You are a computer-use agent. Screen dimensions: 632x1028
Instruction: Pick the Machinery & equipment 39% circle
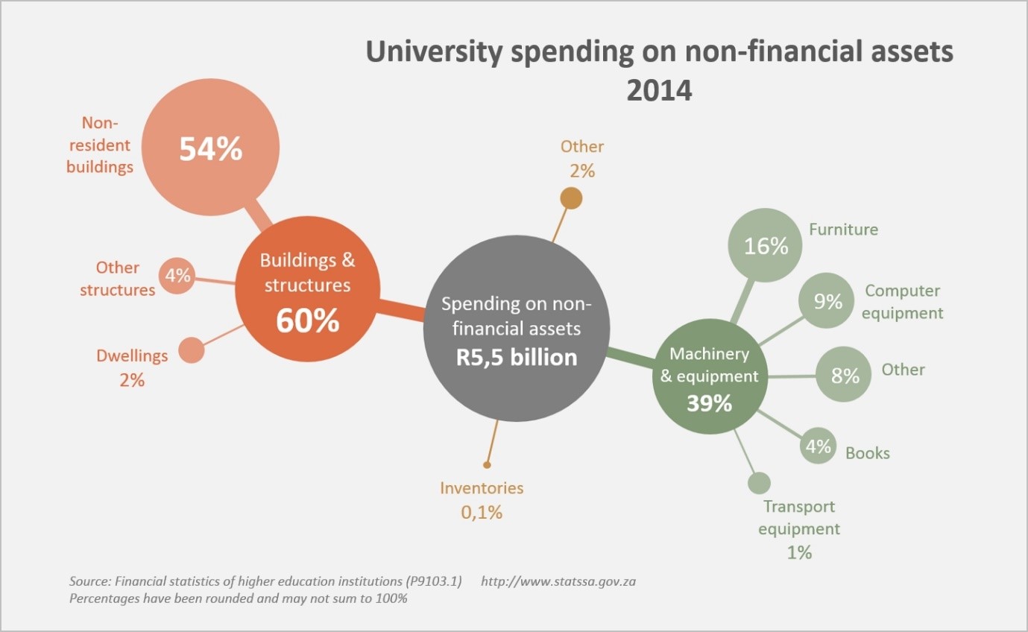[x=710, y=376]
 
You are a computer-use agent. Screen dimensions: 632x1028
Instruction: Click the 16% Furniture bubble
[x=766, y=245]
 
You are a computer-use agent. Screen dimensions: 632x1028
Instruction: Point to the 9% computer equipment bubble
[x=827, y=301]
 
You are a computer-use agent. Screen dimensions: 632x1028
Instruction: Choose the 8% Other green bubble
[x=845, y=375]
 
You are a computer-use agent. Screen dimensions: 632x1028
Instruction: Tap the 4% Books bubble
[x=817, y=446]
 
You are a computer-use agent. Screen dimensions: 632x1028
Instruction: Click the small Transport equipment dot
[x=758, y=483]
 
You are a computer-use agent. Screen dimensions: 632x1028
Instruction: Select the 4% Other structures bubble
[x=177, y=276]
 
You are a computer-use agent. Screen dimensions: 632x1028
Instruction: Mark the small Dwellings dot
[x=192, y=350]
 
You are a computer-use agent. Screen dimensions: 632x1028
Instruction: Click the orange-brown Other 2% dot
[x=571, y=198]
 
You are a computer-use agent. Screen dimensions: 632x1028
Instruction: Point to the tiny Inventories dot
[x=487, y=464]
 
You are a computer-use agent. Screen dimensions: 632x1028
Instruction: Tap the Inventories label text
[x=482, y=488]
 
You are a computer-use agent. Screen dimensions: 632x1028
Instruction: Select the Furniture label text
[x=843, y=230]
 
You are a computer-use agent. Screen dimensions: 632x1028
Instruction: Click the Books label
[x=867, y=453]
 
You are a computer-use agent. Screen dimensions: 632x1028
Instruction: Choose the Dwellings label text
[x=132, y=355]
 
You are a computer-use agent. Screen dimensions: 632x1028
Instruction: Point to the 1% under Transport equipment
[x=798, y=553]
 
